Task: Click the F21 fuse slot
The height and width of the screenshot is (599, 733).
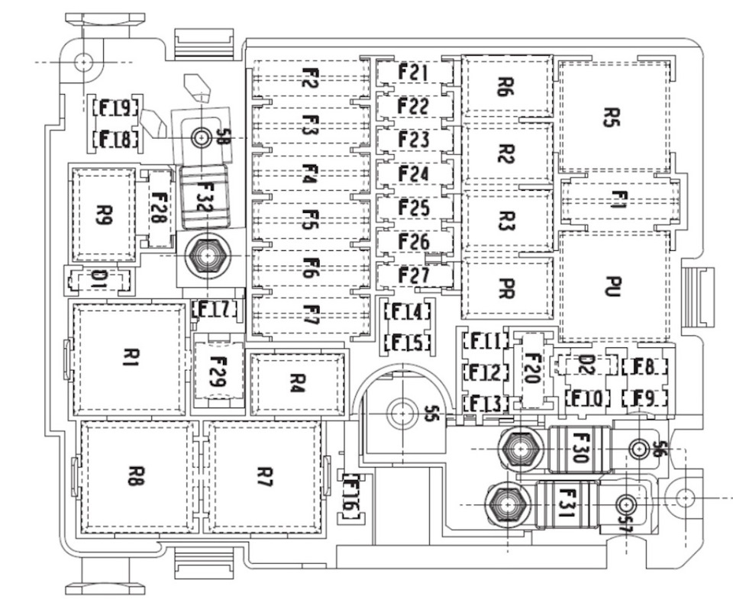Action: pos(415,73)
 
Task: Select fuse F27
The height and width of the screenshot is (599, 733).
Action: pos(415,275)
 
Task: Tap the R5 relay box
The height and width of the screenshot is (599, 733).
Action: pos(614,117)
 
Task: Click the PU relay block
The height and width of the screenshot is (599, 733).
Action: pos(614,286)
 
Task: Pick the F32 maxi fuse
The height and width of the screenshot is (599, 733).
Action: pos(205,197)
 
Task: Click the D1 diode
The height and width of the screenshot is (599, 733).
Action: pos(98,281)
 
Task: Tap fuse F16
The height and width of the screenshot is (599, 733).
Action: pos(351,497)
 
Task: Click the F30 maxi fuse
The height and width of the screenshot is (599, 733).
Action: pos(579,449)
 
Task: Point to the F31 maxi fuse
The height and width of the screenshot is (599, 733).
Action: pos(567,504)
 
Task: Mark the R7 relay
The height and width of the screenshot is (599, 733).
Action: pos(264,477)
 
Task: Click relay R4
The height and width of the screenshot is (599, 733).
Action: pos(298,384)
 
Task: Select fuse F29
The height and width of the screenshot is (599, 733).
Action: pos(219,372)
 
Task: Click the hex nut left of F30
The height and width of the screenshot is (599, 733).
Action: pos(520,449)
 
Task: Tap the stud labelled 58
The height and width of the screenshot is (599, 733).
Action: pos(201,138)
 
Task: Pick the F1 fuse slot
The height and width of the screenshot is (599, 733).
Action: pos(620,201)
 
